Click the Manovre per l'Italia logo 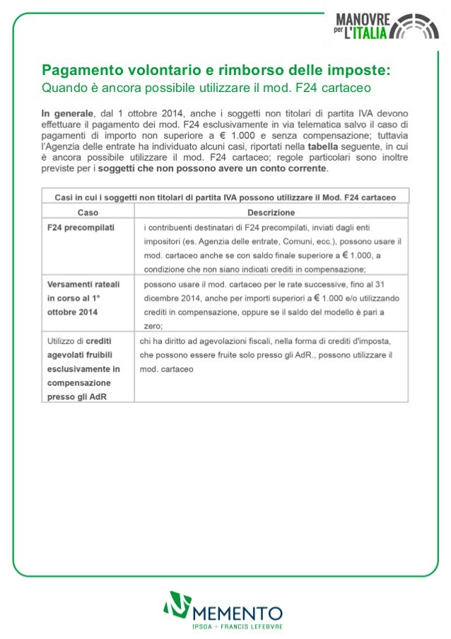(x=387, y=26)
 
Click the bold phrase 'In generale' (x=67, y=113)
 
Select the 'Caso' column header (x=88, y=212)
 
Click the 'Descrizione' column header (x=271, y=212)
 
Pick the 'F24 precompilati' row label (x=81, y=228)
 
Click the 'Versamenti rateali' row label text (x=83, y=284)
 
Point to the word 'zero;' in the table (x=153, y=326)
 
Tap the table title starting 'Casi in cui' (x=225, y=196)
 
